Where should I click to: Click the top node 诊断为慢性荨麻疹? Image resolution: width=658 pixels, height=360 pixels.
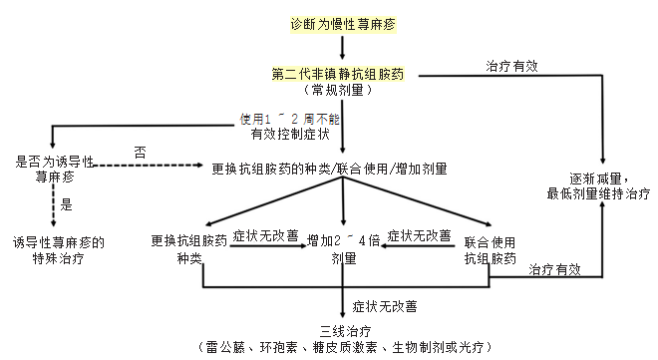(342, 22)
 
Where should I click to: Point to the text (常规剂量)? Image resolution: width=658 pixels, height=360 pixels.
(344, 89)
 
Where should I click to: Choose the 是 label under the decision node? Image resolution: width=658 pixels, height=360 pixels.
(69, 205)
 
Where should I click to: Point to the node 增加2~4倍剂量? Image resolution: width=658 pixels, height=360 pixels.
(343, 248)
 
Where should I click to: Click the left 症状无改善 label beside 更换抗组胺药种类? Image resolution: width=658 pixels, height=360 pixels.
(264, 236)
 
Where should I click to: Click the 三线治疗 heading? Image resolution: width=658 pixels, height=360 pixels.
(344, 330)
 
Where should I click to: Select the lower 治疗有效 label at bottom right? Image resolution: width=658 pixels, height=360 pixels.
(555, 270)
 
